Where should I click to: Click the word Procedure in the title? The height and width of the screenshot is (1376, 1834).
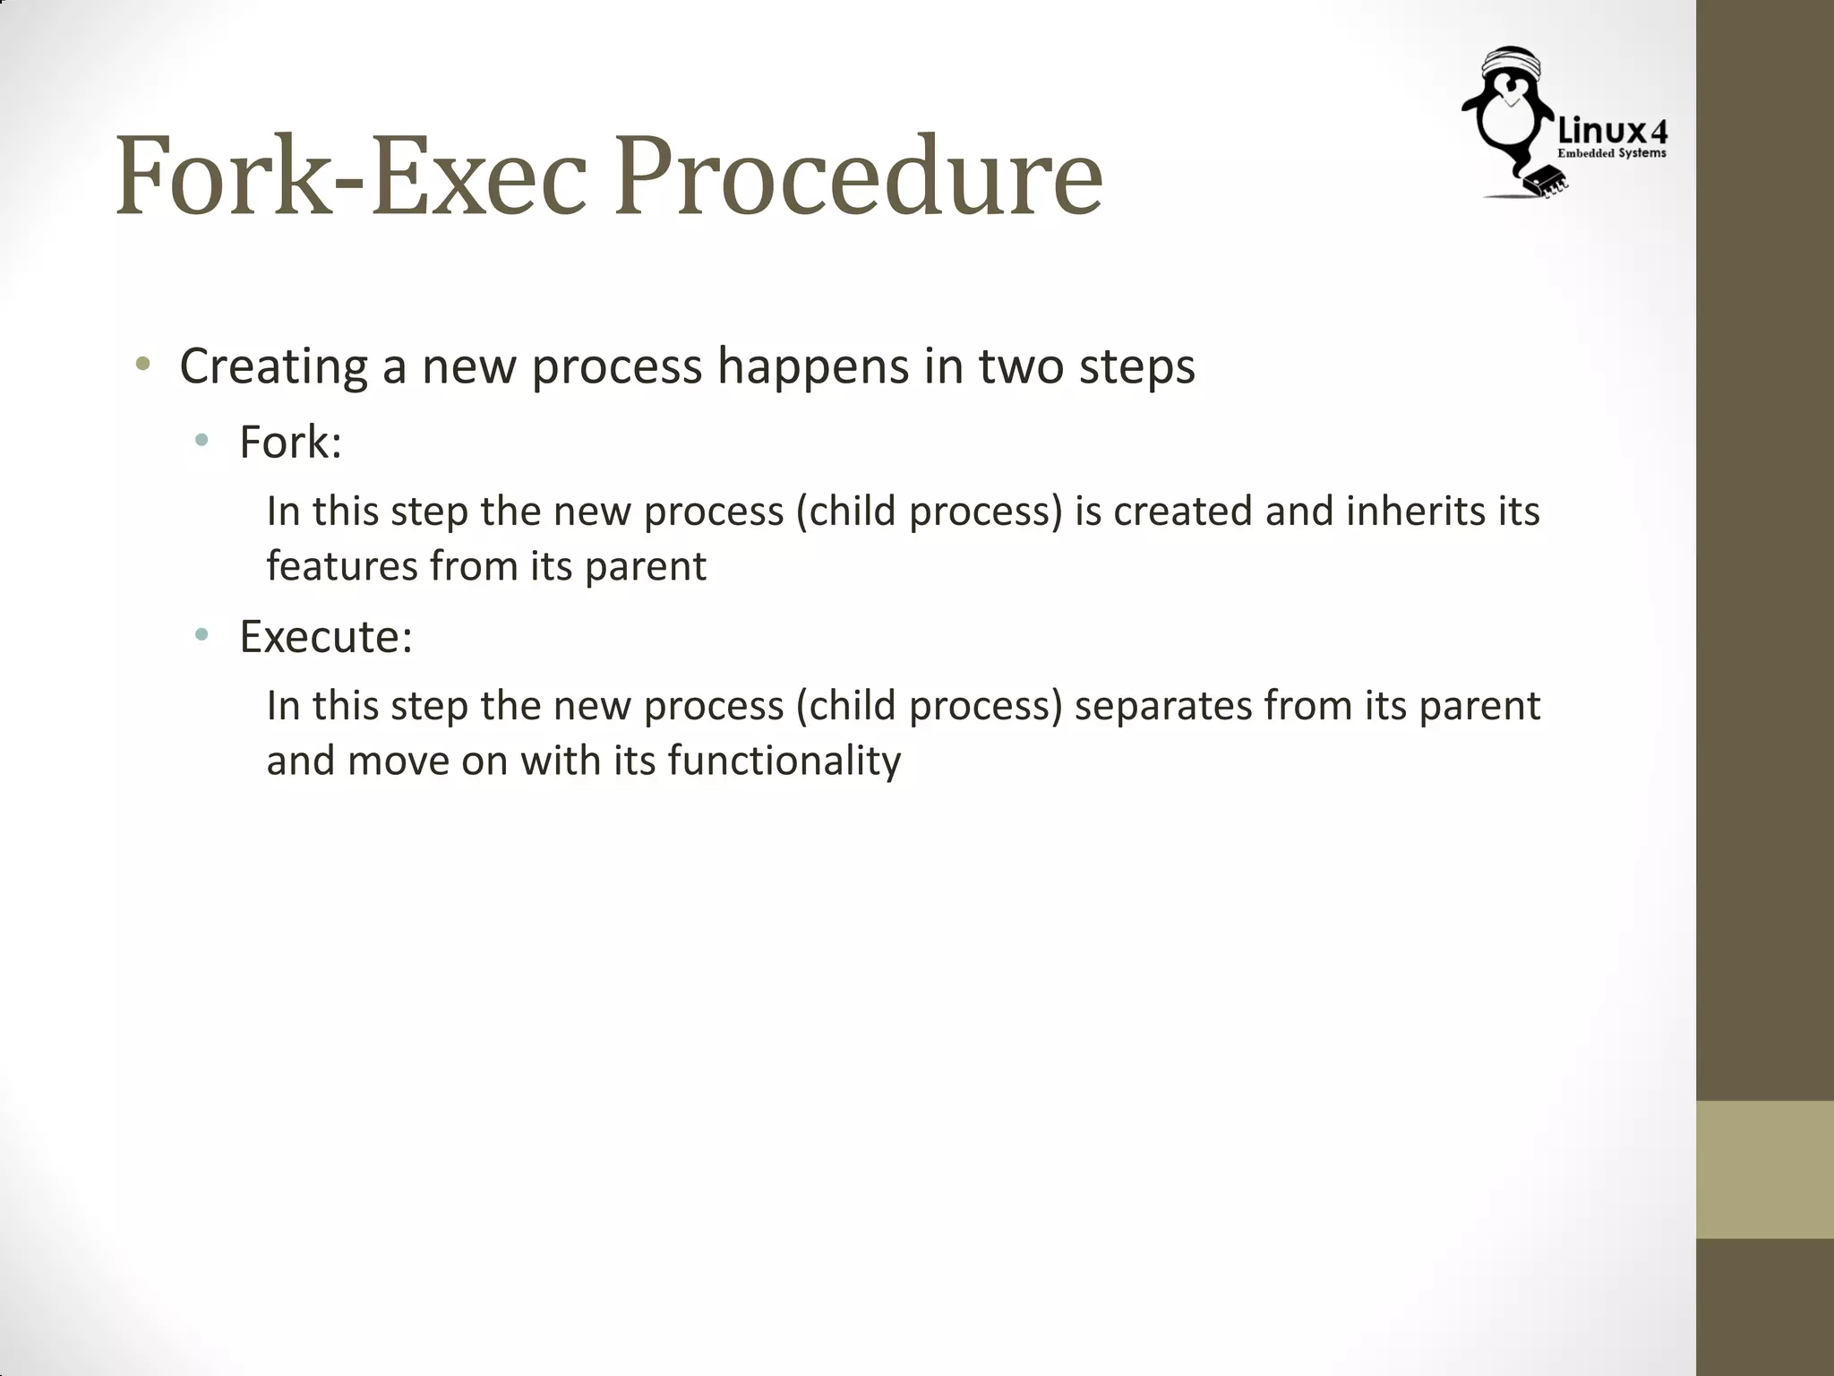tap(858, 177)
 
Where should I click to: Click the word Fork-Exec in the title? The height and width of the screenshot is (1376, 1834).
tap(350, 177)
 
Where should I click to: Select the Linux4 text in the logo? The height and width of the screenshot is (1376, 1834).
tap(1612, 133)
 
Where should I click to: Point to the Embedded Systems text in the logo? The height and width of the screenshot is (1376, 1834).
tap(1612, 154)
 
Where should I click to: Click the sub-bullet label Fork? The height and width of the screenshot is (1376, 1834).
tap(290, 443)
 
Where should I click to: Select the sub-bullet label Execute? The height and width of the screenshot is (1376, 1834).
tap(325, 637)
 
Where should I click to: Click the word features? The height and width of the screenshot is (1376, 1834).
tap(341, 566)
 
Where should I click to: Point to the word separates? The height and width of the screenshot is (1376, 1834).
tap(1161, 706)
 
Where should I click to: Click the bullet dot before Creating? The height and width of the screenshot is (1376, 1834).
tap(141, 365)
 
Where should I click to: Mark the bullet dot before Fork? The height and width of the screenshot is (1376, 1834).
tap(201, 441)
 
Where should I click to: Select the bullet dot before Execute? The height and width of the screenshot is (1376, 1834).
tap(201, 635)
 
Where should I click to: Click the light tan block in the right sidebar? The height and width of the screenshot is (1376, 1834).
tap(1764, 1169)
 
